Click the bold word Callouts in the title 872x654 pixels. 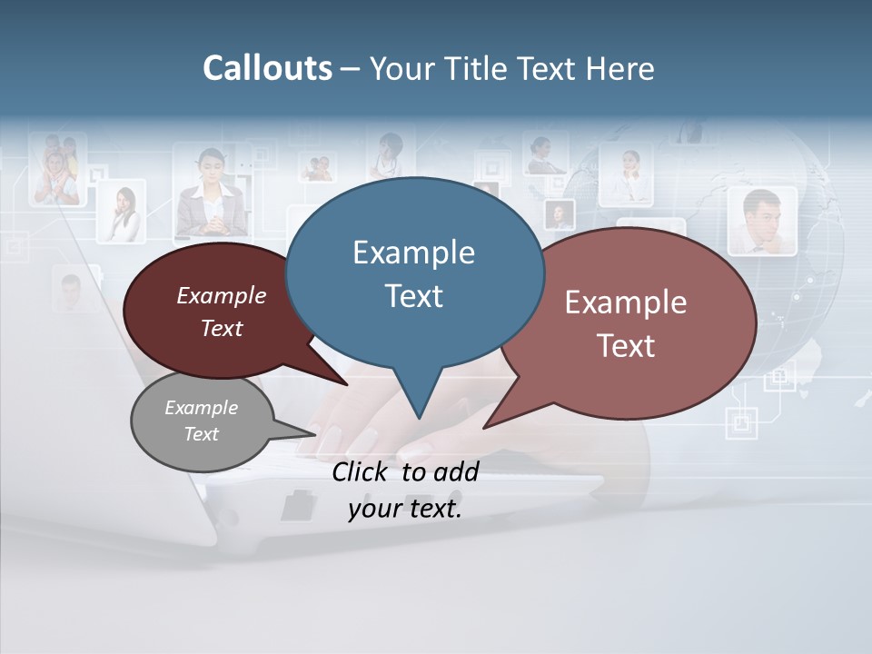click(x=267, y=68)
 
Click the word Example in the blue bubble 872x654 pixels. click(x=413, y=253)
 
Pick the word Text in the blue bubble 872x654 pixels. click(x=413, y=296)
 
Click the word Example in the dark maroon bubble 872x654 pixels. click(x=222, y=295)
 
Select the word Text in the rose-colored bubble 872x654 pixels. click(x=626, y=346)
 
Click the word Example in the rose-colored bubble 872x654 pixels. click(x=626, y=302)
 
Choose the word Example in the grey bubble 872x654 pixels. click(x=202, y=408)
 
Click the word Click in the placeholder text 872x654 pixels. click(x=362, y=471)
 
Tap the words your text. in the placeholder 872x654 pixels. click(x=405, y=509)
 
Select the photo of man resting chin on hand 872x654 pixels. click(x=762, y=221)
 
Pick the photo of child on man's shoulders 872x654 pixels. click(x=56, y=169)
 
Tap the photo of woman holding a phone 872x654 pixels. click(x=122, y=213)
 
